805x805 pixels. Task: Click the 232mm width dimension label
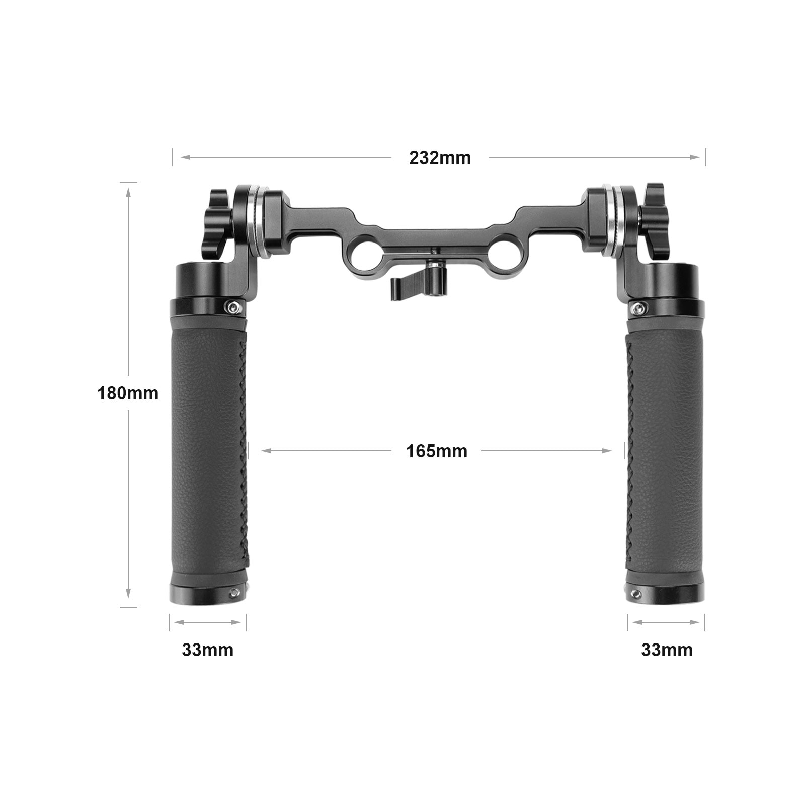point(440,158)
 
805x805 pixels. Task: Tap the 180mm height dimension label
point(128,393)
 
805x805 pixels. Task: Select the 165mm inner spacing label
point(437,451)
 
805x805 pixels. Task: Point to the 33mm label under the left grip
point(207,650)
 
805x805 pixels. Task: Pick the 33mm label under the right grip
point(667,650)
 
